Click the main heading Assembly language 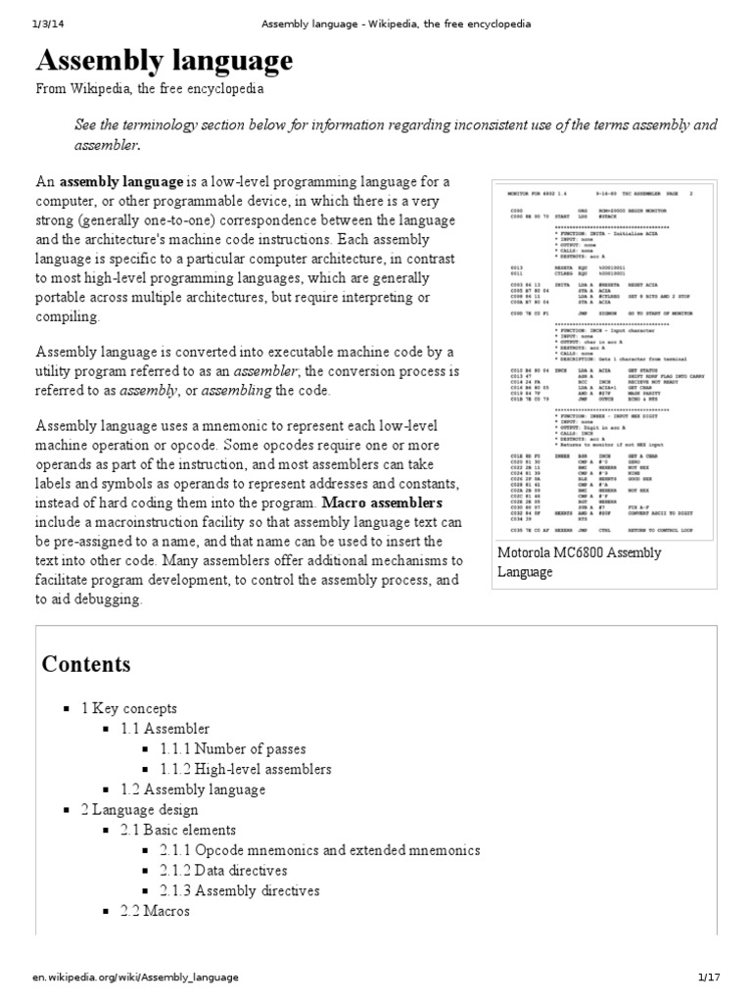pyautogui.click(x=164, y=61)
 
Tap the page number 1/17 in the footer pyautogui.click(x=708, y=978)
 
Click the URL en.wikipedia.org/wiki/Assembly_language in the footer pyautogui.click(x=134, y=978)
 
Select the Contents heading pyautogui.click(x=85, y=664)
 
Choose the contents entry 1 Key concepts pyautogui.click(x=129, y=708)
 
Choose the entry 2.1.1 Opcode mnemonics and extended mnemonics pyautogui.click(x=320, y=850)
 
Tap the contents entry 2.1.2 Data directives pyautogui.click(x=224, y=871)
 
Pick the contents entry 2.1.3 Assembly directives pyautogui.click(x=240, y=891)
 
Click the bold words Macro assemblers pyautogui.click(x=381, y=502)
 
